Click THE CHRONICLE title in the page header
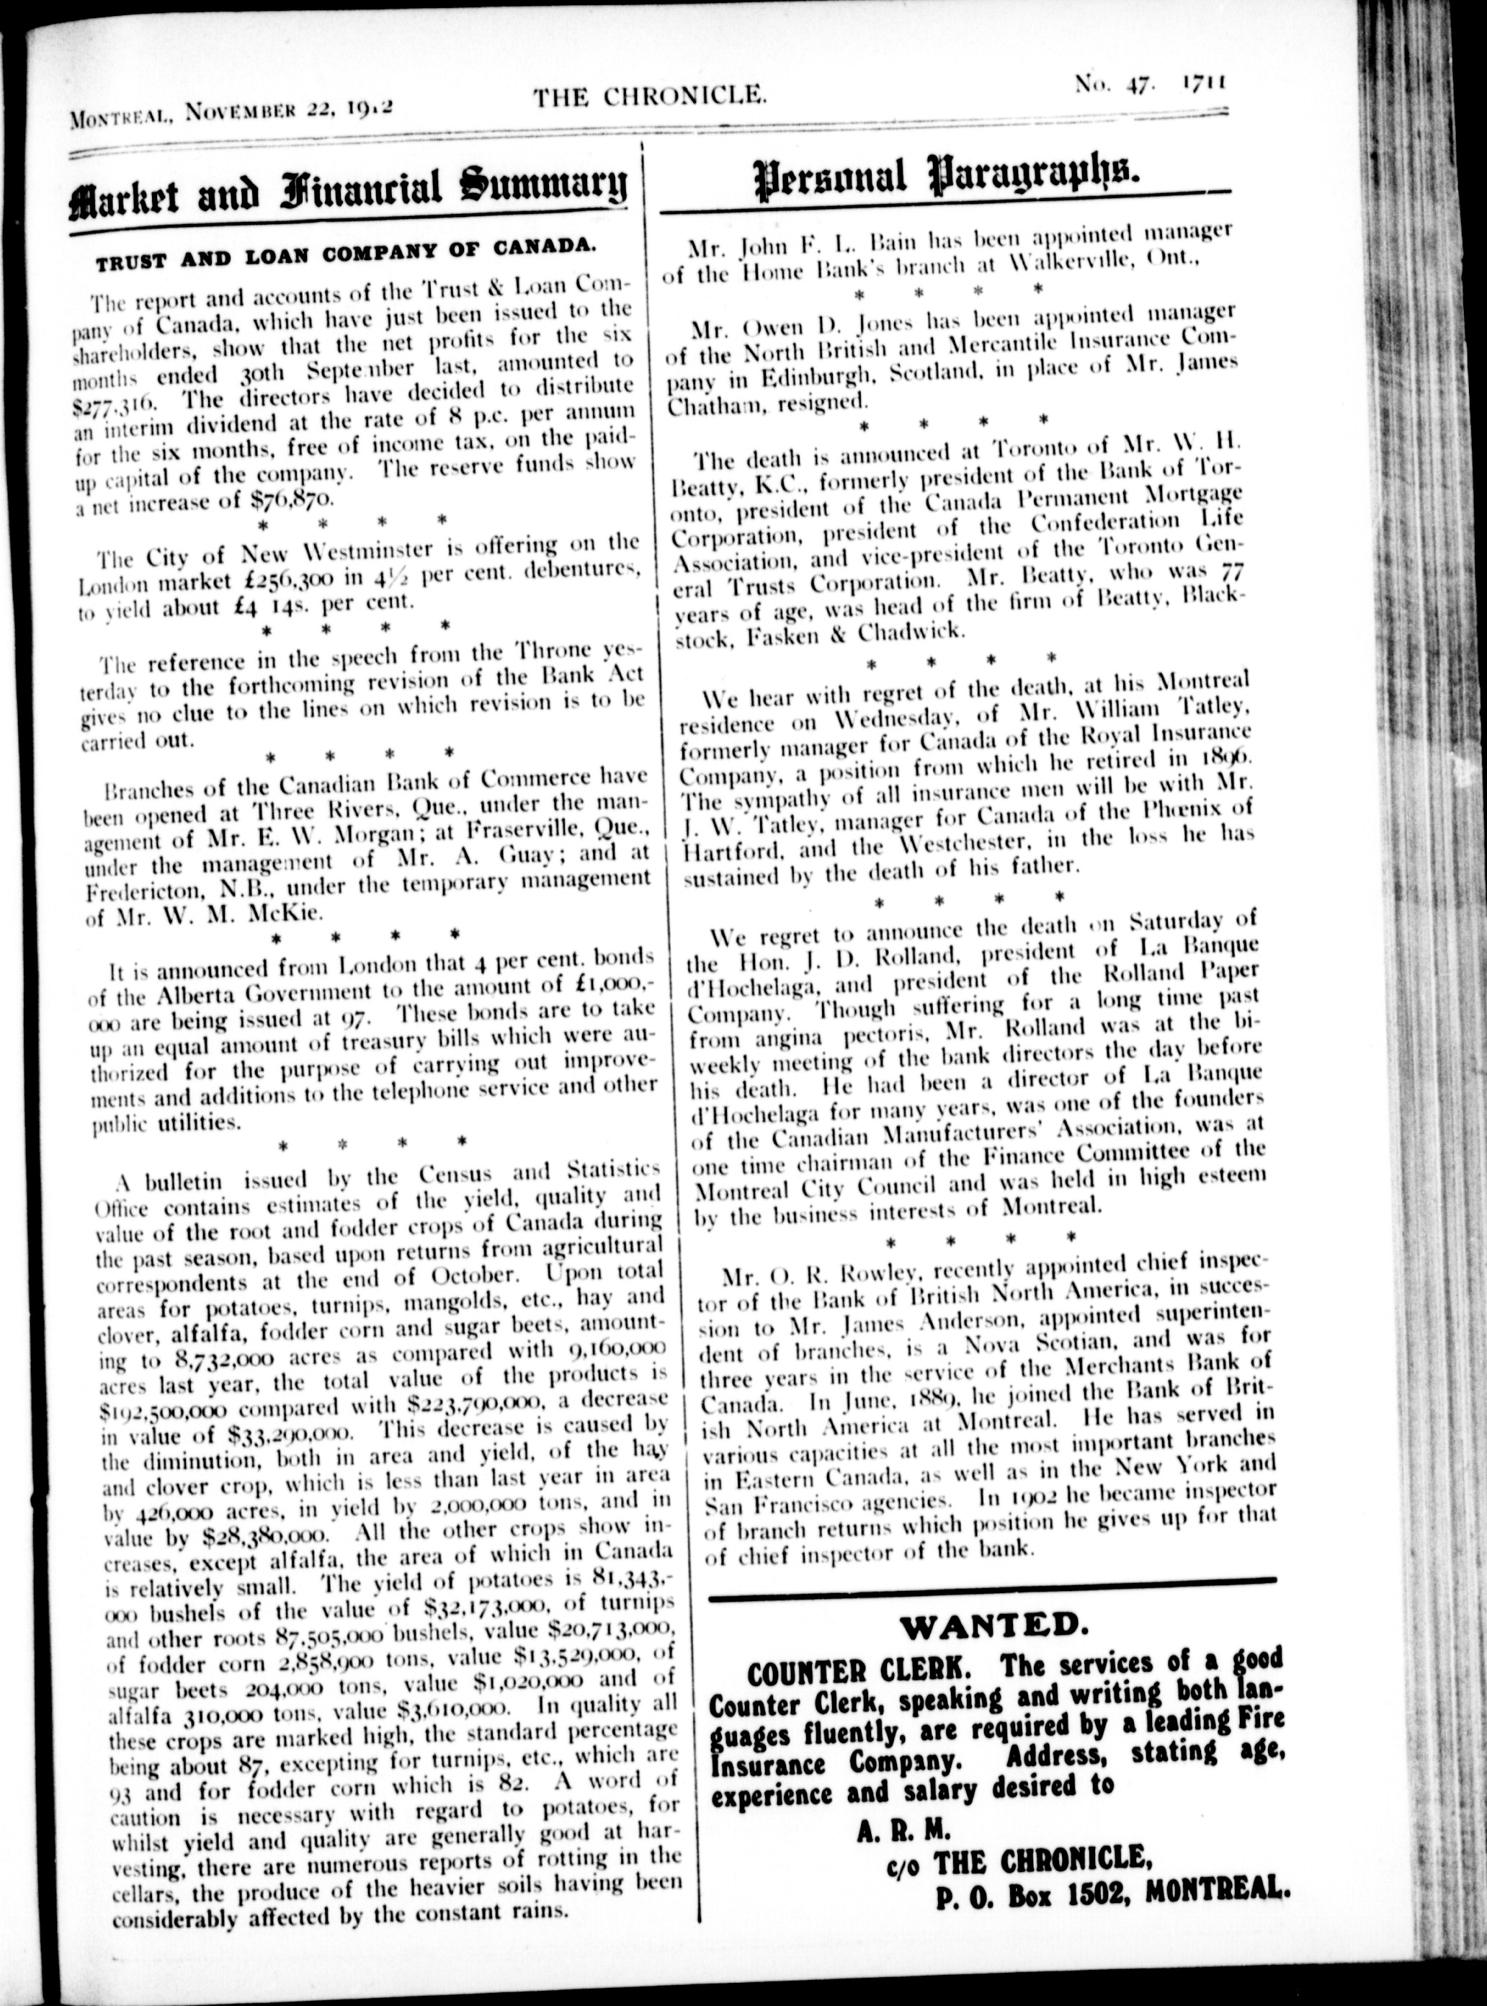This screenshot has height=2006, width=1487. click(x=649, y=94)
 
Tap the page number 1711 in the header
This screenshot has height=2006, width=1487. click(x=1202, y=83)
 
